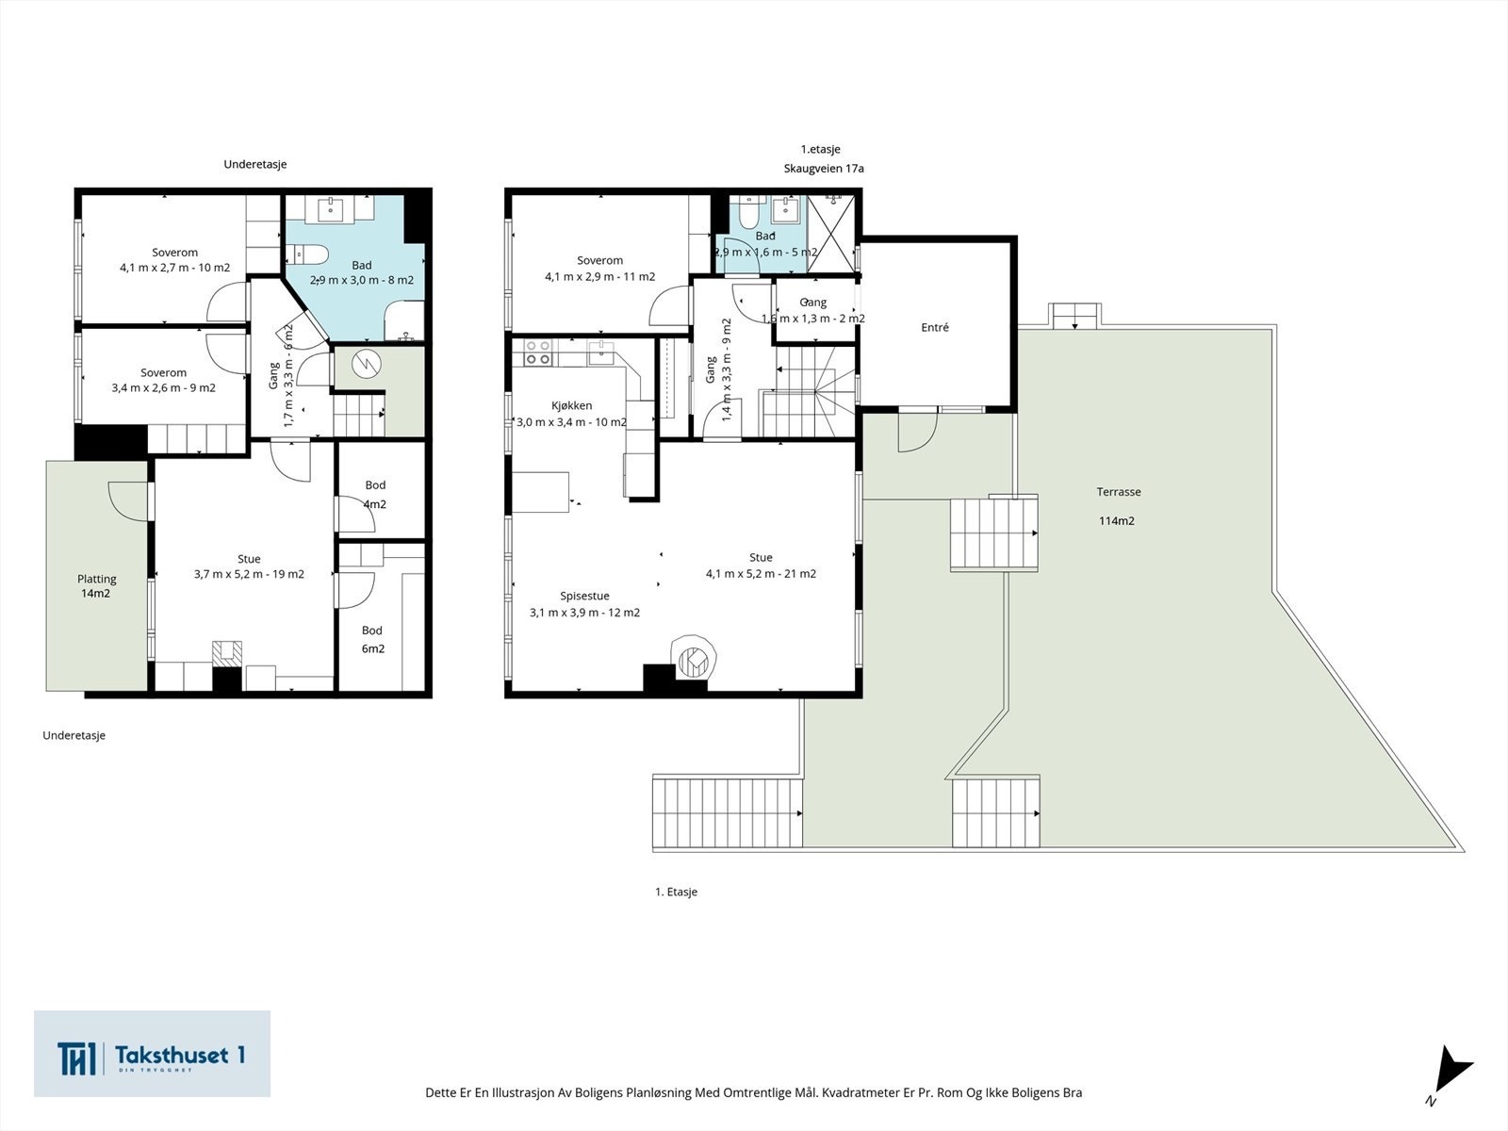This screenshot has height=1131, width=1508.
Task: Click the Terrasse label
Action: pos(1119,492)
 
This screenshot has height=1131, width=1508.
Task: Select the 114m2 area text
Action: pos(1117,520)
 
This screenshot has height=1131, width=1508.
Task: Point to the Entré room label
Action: pos(934,328)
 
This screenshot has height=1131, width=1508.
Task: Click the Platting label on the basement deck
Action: pos(96,579)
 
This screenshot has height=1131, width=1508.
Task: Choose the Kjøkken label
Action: pos(571,405)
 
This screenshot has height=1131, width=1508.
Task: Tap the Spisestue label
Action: pos(584,596)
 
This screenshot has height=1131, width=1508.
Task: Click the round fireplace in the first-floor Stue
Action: pos(693,659)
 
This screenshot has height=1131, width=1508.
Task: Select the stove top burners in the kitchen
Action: pos(536,352)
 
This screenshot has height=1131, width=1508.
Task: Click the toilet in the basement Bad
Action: pos(310,254)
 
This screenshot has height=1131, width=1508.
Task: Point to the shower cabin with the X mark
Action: pos(830,234)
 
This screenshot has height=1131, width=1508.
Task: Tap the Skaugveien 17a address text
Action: pos(824,169)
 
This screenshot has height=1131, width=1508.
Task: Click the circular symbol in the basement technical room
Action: pos(366,363)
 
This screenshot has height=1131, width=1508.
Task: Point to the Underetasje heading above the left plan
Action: pos(254,164)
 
